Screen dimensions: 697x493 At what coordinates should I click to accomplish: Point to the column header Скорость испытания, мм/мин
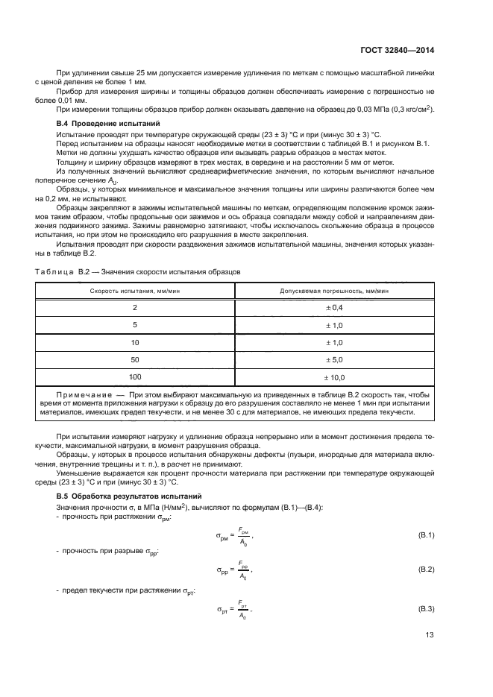pyautogui.click(x=135, y=291)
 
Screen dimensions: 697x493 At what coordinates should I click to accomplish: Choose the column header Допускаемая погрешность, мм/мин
pyautogui.click(x=333, y=291)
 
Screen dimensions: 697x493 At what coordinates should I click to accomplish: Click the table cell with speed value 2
pyautogui.click(x=135, y=307)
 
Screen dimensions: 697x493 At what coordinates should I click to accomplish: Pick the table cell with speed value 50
pyautogui.click(x=135, y=359)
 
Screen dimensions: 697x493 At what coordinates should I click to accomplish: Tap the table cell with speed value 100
pyautogui.click(x=135, y=377)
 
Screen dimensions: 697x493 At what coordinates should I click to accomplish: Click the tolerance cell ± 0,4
pyautogui.click(x=333, y=307)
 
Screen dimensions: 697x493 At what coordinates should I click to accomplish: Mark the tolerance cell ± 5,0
pyautogui.click(x=333, y=359)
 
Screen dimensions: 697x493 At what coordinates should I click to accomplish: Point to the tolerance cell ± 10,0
pyautogui.click(x=333, y=377)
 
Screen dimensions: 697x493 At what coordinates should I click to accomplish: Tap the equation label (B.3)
pyautogui.click(x=425, y=609)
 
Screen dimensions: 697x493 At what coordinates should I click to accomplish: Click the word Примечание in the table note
pyautogui.click(x=83, y=394)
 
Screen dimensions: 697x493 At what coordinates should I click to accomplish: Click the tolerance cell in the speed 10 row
pyautogui.click(x=333, y=342)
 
